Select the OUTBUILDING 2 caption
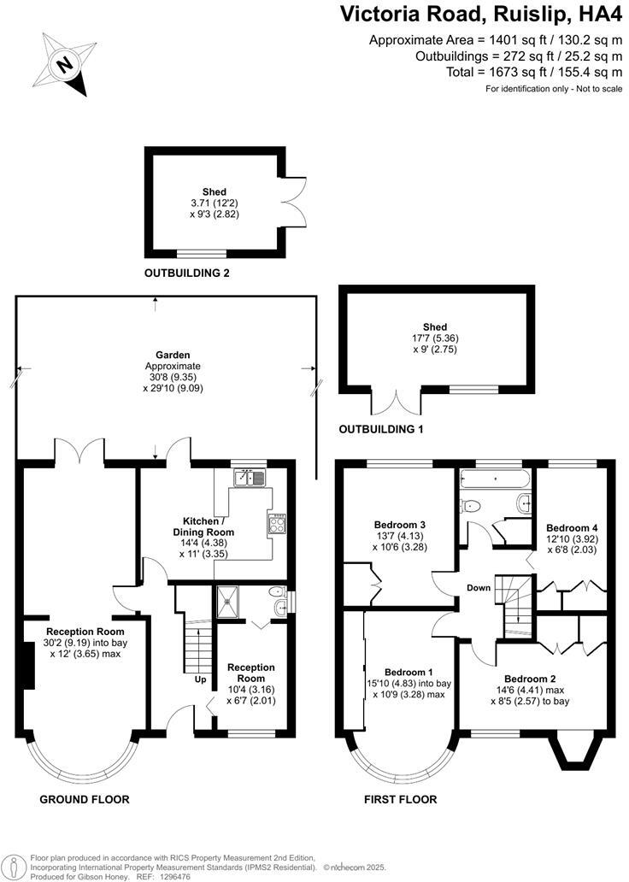coord(187,273)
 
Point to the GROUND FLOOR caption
coord(85,799)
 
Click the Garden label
coord(155,355)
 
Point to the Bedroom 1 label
coord(408,671)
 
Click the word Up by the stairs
coord(200,680)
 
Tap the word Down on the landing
coord(478,587)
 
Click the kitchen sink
coord(250,478)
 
